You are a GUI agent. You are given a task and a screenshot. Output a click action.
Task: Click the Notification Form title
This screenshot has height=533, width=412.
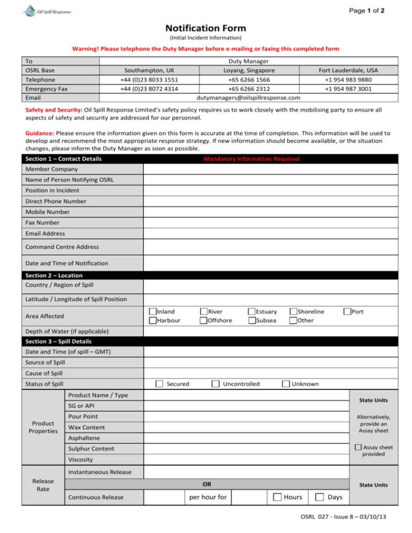(205, 28)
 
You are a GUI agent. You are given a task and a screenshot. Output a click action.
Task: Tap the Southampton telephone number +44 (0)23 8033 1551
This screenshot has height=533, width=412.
(149, 80)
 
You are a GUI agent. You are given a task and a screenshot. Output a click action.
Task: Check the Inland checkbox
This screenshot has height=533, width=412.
(153, 312)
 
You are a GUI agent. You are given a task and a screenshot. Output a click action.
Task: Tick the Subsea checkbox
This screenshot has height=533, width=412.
(252, 321)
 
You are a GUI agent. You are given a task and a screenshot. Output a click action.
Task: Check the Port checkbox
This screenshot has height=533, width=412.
(348, 312)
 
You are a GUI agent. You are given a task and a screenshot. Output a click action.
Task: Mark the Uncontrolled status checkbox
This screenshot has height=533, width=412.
(215, 384)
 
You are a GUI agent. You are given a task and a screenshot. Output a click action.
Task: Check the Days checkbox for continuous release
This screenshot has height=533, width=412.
(319, 498)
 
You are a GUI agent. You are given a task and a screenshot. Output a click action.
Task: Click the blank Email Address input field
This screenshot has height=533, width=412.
(270, 234)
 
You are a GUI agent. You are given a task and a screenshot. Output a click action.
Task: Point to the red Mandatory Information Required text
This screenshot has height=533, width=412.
(251, 159)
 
